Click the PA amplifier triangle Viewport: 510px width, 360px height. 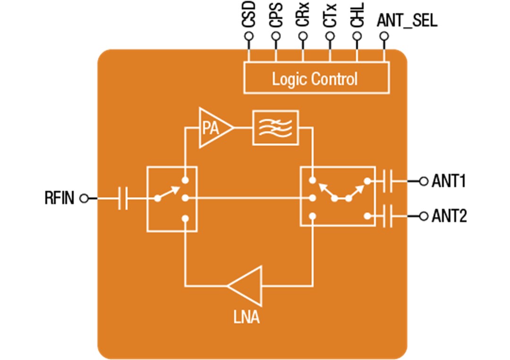click(214, 128)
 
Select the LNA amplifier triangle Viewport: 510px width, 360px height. click(248, 285)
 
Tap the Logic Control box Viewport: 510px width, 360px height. click(315, 78)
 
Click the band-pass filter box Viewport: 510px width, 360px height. click(275, 128)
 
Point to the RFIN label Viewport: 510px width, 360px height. click(59, 198)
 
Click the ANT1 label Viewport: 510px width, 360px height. click(449, 181)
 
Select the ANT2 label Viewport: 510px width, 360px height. click(449, 216)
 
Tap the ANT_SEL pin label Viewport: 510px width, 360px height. click(407, 21)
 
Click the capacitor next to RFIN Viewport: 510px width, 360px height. click(123, 198)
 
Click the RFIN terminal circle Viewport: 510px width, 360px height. click(84, 198)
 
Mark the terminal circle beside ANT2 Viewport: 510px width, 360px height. click(424, 216)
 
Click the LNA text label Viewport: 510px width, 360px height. click(246, 317)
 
